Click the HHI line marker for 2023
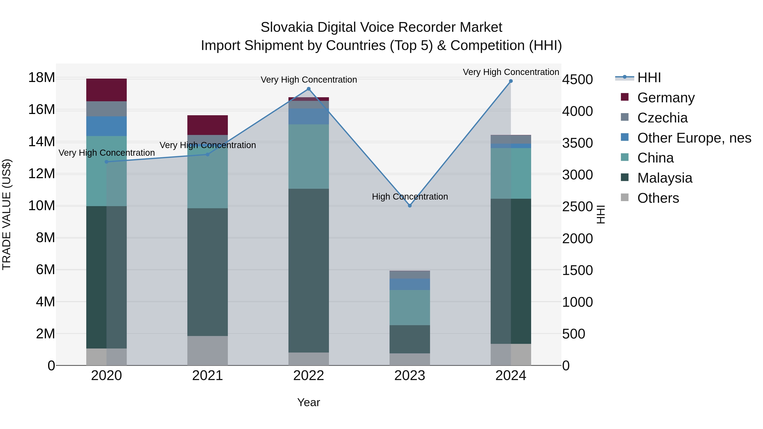(410, 205)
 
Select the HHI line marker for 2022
(308, 89)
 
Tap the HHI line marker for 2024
(511, 81)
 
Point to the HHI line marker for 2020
(107, 162)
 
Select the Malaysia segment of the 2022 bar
(308, 270)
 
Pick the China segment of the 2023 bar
(410, 307)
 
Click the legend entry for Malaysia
(664, 178)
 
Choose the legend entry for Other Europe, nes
(694, 138)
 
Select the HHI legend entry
(649, 78)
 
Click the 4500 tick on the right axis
(577, 80)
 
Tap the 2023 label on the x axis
(410, 376)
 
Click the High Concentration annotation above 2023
(410, 197)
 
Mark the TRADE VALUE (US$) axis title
(7, 214)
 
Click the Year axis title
(308, 402)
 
